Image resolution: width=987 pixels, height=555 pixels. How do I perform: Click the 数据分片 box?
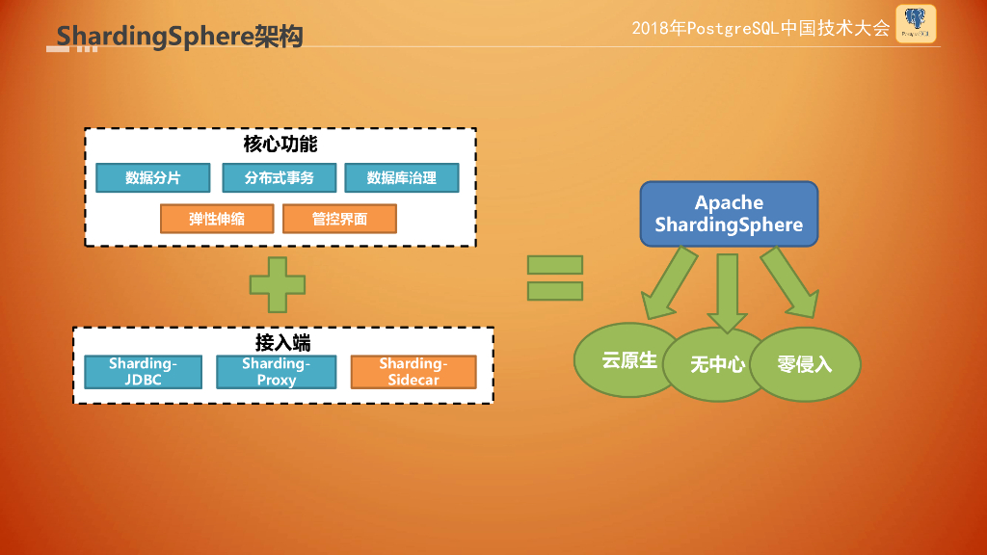coord(152,178)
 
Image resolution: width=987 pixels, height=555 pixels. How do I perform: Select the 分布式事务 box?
coord(280,178)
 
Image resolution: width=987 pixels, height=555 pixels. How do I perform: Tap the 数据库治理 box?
coord(401,178)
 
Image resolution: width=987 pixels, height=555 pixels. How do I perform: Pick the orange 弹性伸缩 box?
coord(217,219)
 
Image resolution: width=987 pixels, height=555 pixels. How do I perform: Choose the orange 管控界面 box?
coord(339,219)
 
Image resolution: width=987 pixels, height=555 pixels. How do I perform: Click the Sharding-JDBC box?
coord(143,372)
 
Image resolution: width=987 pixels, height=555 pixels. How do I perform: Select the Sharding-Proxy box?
coord(276,372)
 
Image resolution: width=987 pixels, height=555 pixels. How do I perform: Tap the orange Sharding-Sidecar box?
coord(413,372)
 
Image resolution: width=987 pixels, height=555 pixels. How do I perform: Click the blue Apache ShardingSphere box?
coord(729,214)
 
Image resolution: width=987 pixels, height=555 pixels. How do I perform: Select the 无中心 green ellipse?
coord(717,365)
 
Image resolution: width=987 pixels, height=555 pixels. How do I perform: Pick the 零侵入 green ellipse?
coord(805,365)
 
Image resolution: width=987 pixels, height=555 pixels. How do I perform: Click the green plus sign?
coord(278,284)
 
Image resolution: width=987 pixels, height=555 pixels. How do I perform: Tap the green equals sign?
coord(554,278)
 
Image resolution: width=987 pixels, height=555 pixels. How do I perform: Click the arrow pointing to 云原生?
coord(669,283)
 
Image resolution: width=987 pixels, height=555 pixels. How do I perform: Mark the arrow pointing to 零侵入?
coord(788,283)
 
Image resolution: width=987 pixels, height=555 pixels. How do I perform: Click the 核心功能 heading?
coord(280,145)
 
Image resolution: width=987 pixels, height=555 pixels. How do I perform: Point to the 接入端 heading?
coord(282,343)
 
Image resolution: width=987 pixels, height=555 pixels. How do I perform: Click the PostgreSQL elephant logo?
coord(915,23)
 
